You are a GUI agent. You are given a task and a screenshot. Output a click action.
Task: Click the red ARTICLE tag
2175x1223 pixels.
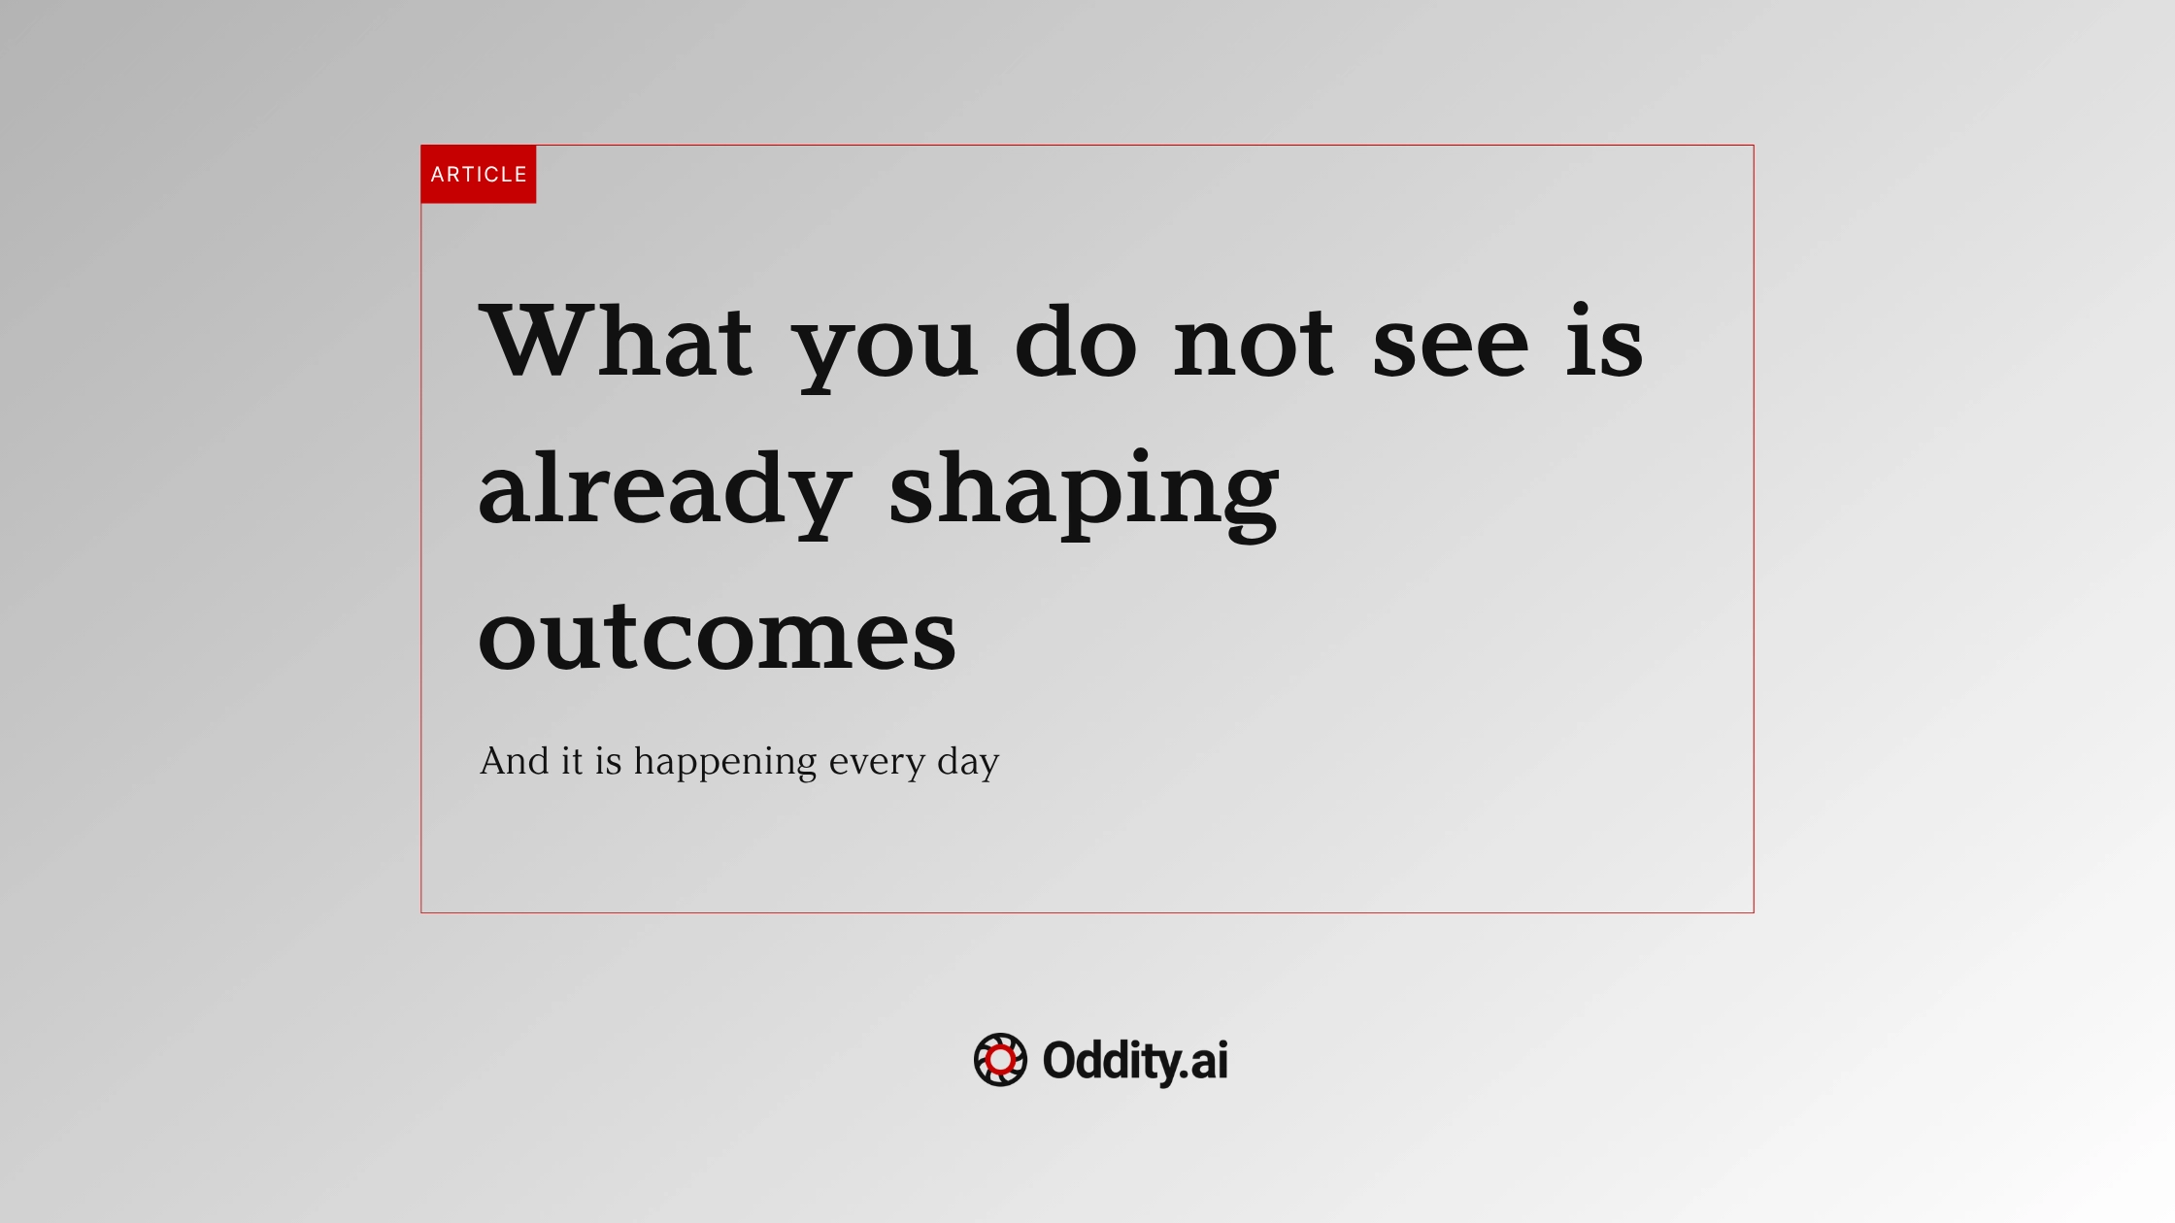[x=478, y=175]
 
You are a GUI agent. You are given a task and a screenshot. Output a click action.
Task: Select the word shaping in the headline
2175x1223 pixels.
[x=1084, y=492]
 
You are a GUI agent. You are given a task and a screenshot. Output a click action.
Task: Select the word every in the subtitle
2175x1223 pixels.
[x=877, y=764]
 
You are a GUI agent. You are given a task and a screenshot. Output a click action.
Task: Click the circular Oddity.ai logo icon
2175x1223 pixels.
[x=1000, y=1060]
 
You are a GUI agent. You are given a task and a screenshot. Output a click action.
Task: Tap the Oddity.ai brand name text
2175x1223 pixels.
[x=1135, y=1061]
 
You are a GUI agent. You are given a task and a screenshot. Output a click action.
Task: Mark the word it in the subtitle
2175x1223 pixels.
[x=572, y=761]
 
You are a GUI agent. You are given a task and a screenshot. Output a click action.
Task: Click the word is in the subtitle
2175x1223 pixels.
[x=608, y=761]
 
